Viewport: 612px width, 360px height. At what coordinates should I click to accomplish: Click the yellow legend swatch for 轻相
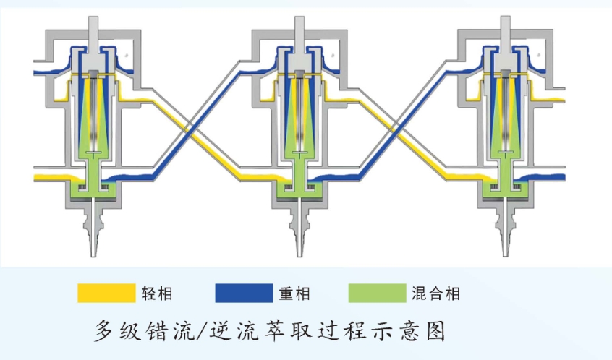click(107, 293)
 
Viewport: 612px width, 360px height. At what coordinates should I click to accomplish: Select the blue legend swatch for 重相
click(243, 293)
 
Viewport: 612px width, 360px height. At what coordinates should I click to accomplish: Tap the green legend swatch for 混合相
click(377, 293)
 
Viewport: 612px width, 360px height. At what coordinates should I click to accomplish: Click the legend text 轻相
click(158, 293)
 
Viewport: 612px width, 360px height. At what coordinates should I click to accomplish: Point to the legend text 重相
click(294, 293)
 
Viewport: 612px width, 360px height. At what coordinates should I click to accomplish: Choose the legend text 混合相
click(435, 293)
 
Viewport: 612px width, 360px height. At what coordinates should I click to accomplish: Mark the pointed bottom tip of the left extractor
click(95, 246)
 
